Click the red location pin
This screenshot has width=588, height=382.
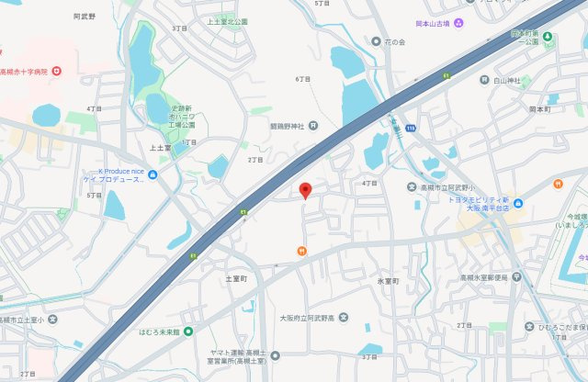coord(306,190)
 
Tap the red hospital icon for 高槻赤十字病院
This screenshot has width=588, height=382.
coord(57,71)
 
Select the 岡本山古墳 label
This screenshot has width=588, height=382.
coord(434,23)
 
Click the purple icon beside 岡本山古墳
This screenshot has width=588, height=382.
coord(458,23)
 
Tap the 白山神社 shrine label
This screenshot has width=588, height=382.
coord(506,81)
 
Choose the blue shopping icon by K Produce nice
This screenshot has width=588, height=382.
coord(153,175)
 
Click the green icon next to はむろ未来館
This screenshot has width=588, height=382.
coord(187,331)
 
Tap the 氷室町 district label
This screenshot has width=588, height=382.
coord(387,280)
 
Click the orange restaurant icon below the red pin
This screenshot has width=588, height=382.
coord(301,251)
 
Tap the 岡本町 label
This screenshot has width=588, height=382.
coord(539,108)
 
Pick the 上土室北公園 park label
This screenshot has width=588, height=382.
coord(227,20)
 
